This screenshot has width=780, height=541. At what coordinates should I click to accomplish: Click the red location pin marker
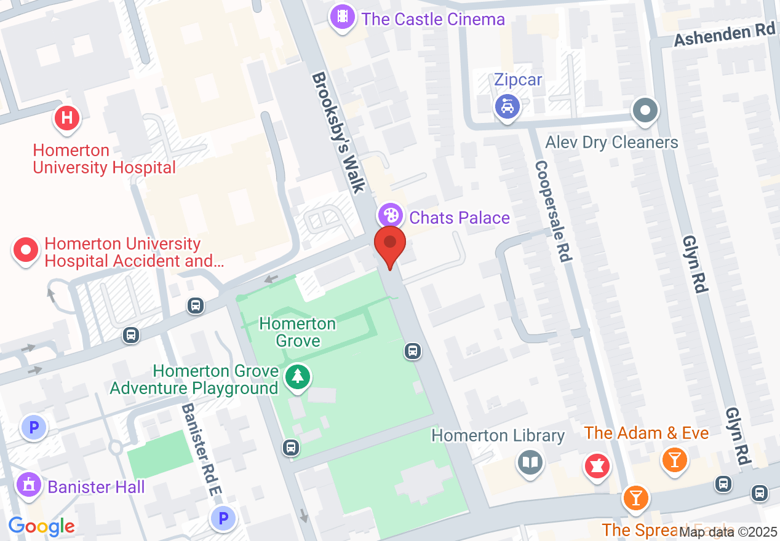(390, 243)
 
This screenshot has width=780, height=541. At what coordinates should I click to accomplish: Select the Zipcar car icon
(507, 108)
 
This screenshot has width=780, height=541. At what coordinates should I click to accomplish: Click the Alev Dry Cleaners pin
(645, 112)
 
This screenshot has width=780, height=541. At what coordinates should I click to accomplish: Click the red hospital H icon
(67, 118)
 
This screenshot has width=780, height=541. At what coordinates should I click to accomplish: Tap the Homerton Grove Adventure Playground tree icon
(298, 376)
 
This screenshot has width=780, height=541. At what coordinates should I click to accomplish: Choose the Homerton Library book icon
(529, 462)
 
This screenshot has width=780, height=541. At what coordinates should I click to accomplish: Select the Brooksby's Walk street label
(339, 132)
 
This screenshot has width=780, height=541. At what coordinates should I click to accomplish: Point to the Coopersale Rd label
(552, 211)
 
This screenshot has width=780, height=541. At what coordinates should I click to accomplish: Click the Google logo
(42, 526)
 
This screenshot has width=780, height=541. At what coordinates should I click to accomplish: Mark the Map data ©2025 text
(728, 532)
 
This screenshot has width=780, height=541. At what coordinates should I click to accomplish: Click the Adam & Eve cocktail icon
(675, 459)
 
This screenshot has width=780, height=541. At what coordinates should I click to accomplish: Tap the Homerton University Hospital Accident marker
(26, 251)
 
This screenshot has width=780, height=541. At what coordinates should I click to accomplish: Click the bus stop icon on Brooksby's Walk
(413, 351)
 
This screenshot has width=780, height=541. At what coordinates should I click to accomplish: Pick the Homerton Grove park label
(298, 331)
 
